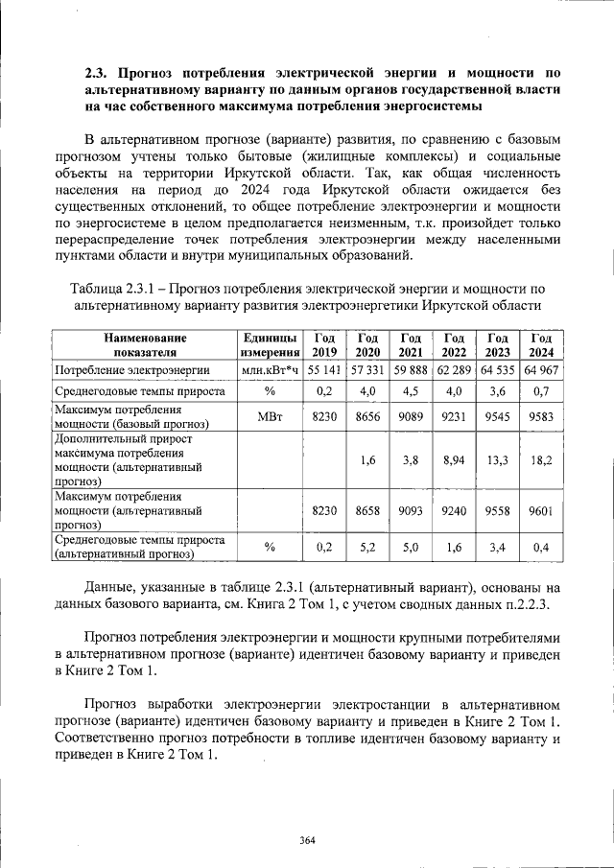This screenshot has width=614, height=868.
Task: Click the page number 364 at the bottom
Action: tap(307, 840)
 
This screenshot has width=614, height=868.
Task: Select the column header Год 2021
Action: tap(411, 344)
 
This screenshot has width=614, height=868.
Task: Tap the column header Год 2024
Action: tap(541, 344)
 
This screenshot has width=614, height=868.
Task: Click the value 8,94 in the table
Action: tap(455, 460)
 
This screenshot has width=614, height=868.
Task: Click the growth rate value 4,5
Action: tap(411, 392)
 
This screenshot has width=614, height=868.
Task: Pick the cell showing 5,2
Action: tap(367, 548)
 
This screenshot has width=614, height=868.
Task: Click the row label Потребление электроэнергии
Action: tap(131, 370)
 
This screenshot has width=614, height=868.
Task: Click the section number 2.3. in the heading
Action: tap(99, 72)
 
